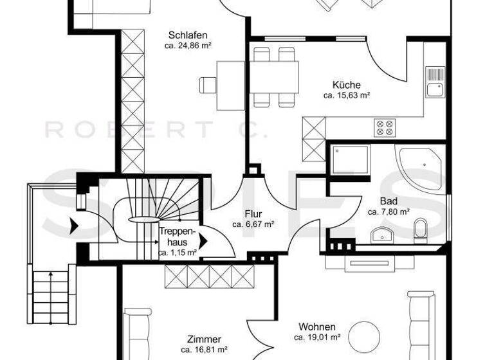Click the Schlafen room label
(188, 35)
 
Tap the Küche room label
(346, 85)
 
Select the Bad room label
(389, 201)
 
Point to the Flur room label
(253, 214)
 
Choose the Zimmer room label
(204, 339)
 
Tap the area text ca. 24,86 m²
(188, 46)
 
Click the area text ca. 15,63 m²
(346, 96)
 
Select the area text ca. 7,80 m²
(389, 212)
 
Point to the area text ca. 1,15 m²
(178, 253)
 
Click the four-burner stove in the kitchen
(384, 127)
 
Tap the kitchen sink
(435, 81)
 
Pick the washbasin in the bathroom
(382, 233)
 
